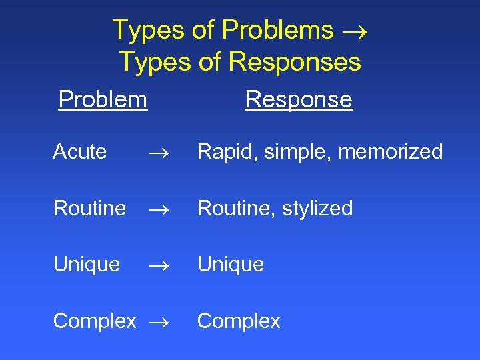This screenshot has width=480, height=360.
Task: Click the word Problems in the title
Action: coord(277,30)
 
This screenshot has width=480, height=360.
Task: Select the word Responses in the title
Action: coord(295,62)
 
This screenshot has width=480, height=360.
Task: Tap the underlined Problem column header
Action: coord(103,99)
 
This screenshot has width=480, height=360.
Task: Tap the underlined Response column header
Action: coord(298,99)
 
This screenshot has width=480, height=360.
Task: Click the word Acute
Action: coord(80,152)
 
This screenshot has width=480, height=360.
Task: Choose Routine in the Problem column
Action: coord(89,209)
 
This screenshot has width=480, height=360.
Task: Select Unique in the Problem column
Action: coord(87,265)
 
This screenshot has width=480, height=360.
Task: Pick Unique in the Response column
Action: coord(231,265)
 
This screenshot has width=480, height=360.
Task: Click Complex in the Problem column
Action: coord(95,321)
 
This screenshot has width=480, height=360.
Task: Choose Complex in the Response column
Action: coord(239,321)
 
